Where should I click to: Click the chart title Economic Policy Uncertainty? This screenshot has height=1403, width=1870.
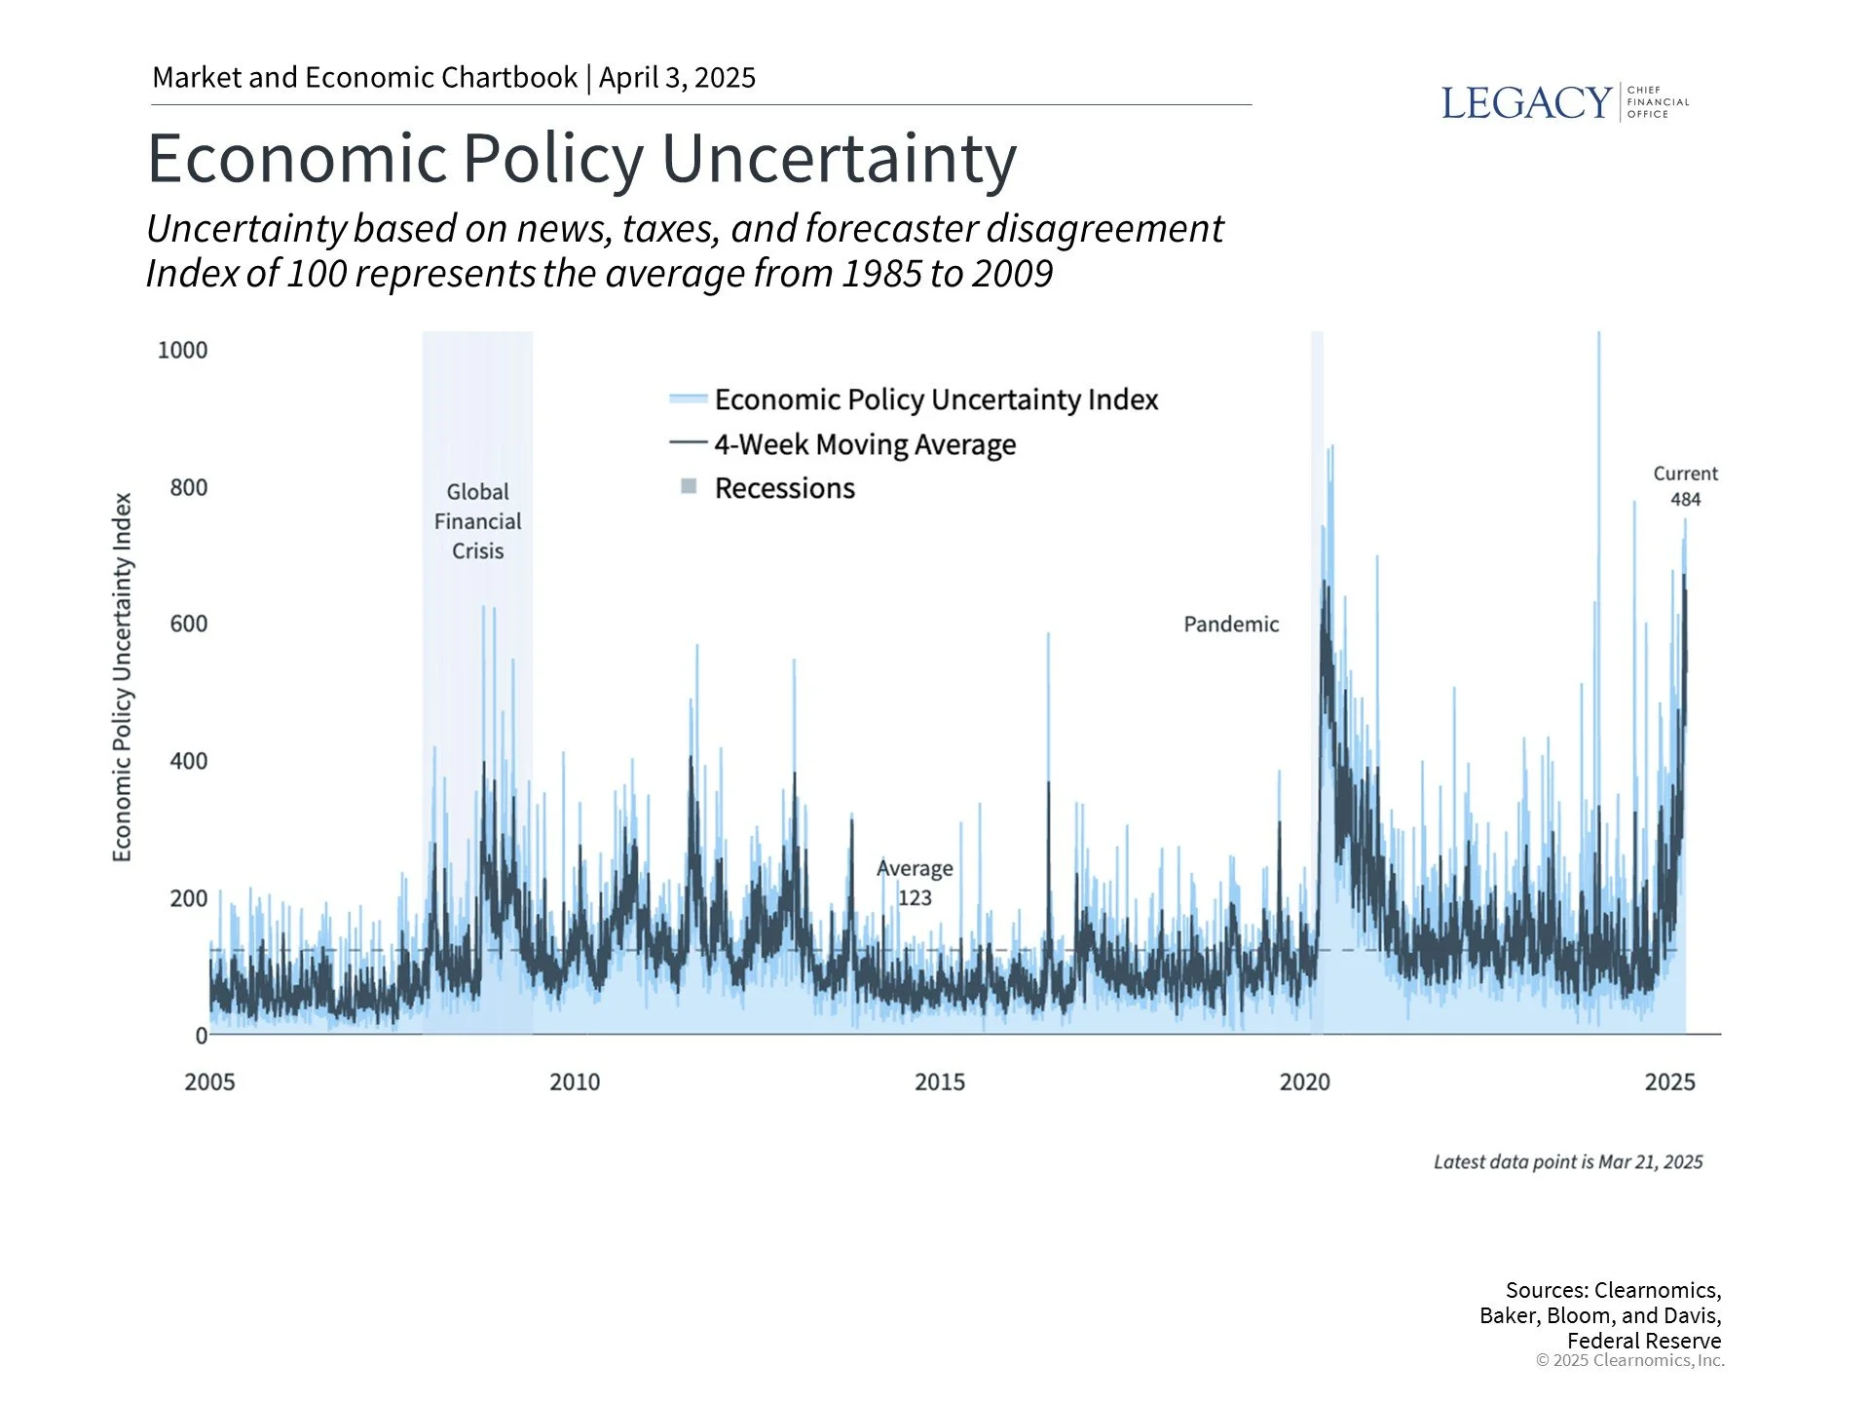[581, 158]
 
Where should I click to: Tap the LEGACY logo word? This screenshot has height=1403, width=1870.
[1525, 103]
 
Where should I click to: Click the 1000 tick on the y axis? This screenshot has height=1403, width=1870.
[182, 351]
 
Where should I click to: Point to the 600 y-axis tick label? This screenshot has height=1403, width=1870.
[188, 624]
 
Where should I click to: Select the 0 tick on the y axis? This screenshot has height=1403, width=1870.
[201, 1036]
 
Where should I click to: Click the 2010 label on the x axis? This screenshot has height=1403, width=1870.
[575, 1082]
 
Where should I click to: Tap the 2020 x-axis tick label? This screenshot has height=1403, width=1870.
[1304, 1082]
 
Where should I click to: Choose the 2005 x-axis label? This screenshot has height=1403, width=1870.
[209, 1082]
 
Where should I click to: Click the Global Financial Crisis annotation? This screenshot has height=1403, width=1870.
[477, 521]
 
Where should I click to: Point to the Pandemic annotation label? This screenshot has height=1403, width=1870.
[1231, 625]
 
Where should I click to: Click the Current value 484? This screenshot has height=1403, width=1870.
[1685, 500]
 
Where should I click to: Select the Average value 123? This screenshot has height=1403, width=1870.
[915, 897]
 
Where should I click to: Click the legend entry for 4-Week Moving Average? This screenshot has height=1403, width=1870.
[865, 444]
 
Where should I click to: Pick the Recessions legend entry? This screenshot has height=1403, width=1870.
[784, 488]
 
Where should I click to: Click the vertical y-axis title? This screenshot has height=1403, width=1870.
[122, 677]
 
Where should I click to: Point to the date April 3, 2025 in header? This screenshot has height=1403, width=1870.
[677, 78]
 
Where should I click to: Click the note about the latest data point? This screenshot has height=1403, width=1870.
[1567, 1162]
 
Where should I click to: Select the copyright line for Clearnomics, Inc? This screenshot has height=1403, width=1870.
[1629, 1361]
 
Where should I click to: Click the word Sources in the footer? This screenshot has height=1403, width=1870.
[1546, 1291]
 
